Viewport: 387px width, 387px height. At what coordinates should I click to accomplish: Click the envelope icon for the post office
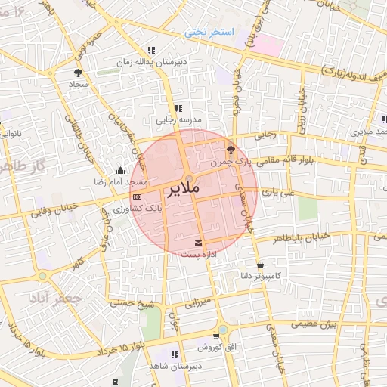point(199,243)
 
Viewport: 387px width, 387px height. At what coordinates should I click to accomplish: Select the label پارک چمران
point(231,162)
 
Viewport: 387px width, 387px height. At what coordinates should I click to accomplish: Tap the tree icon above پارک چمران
point(231,150)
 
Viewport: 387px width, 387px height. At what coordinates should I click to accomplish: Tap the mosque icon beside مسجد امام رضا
point(121,172)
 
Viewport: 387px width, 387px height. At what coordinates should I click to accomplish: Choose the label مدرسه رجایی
point(178,120)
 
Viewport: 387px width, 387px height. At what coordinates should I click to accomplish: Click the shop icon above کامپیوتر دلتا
point(261,265)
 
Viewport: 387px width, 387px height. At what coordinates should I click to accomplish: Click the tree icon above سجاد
point(78,73)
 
